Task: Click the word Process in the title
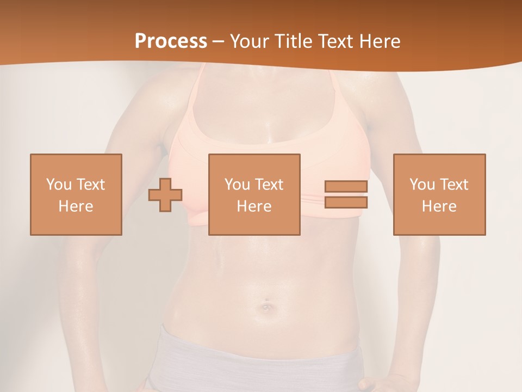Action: pyautogui.click(x=171, y=41)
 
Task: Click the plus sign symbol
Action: pyautogui.click(x=165, y=195)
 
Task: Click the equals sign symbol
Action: pyautogui.click(x=346, y=194)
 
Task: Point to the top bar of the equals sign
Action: pyautogui.click(x=346, y=187)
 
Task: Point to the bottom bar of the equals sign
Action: pyautogui.click(x=346, y=202)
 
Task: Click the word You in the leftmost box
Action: pyautogui.click(x=58, y=185)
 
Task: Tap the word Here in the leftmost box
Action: pyautogui.click(x=76, y=206)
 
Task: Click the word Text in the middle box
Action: pyautogui.click(x=269, y=185)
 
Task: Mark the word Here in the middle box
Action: pyautogui.click(x=254, y=206)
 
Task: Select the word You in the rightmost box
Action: pyautogui.click(x=421, y=185)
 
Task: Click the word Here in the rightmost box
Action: pyautogui.click(x=439, y=206)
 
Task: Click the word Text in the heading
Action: pyautogui.click(x=334, y=41)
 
